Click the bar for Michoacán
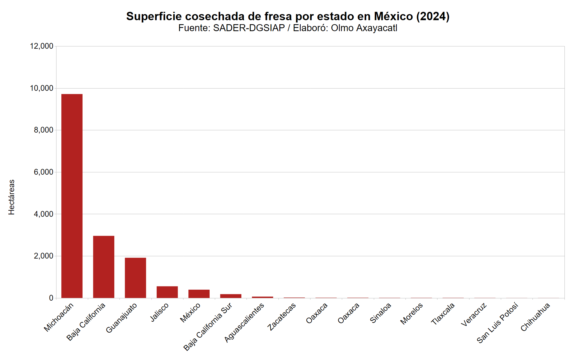pos(72,196)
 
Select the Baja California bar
pos(104,267)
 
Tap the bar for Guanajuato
pos(135,278)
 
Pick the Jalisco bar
pos(167,292)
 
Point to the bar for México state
pos(199,294)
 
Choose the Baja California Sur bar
pos(231,296)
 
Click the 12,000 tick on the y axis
pos(42,46)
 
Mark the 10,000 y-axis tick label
pos(42,88)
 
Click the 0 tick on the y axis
pos(51,298)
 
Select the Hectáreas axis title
pos(12,197)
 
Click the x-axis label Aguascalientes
pos(244,323)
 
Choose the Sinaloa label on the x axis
pos(380,313)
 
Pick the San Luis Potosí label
pos(497,323)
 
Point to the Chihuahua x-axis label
pos(535,317)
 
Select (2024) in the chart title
pos(433,16)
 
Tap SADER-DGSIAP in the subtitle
pos(249,28)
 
